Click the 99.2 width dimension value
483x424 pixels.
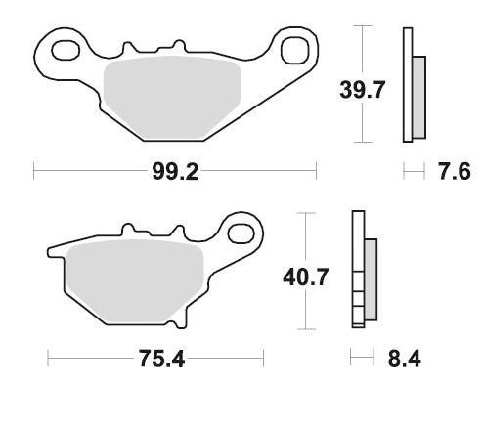pos(176,173)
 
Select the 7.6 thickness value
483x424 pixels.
pos(455,173)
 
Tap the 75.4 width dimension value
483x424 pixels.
pos(160,360)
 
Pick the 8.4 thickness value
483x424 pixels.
pos(403,360)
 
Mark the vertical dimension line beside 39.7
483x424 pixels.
pos(364,86)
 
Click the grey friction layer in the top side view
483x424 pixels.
pos(418,96)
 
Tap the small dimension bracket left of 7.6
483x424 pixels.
pos(415,173)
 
